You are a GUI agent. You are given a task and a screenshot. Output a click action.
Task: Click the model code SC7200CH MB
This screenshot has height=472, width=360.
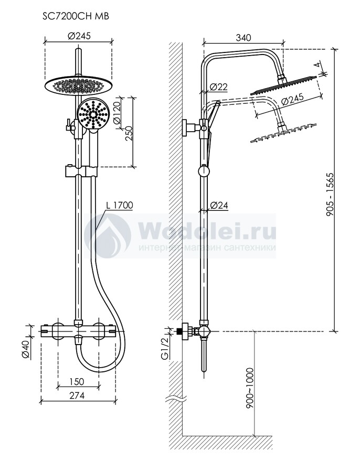pos(76,16)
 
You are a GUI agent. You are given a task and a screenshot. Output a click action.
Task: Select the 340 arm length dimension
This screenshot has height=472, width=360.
pos(243,38)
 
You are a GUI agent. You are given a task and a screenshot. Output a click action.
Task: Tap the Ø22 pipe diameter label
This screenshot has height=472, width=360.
pos(219,87)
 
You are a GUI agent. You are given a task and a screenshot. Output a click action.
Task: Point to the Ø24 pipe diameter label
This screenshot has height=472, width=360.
pos(219,206)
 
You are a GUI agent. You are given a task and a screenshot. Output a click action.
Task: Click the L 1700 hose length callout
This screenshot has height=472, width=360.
pos(119,205)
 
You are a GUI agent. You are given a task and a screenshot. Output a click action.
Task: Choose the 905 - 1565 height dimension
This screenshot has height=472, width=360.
pos(330,195)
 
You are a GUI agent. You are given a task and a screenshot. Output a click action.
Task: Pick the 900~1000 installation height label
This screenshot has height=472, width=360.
pos(250,388)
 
